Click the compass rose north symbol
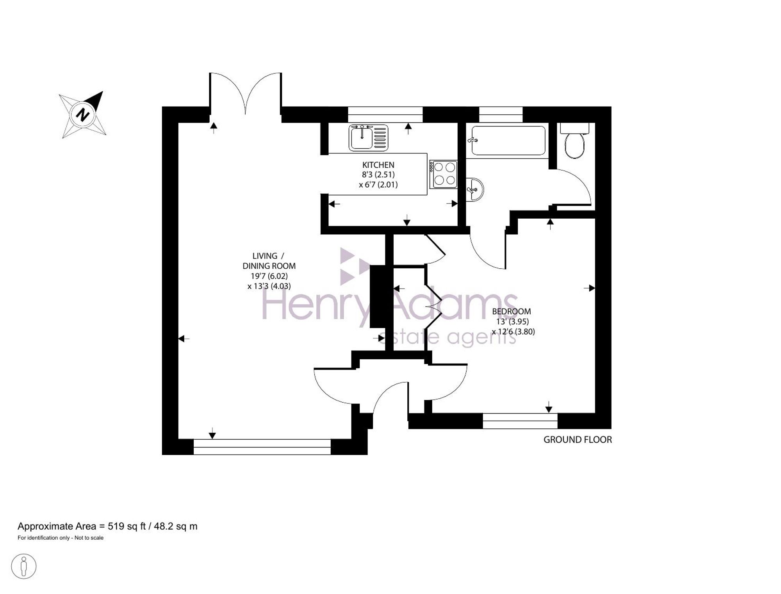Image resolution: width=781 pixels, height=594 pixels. pyautogui.click(x=82, y=115)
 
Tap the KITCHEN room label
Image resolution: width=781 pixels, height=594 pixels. pyautogui.click(x=378, y=165)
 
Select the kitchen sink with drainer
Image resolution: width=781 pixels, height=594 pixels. pyautogui.click(x=369, y=137)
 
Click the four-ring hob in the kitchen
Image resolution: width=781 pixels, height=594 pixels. pyautogui.click(x=443, y=174)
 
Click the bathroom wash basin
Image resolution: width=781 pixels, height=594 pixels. pyautogui.click(x=475, y=190)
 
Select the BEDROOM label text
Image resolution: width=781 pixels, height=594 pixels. pyautogui.click(x=511, y=311)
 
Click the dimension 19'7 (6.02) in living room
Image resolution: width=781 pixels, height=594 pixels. pyautogui.click(x=269, y=276)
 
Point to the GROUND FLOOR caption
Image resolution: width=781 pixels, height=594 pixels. pyautogui.click(x=578, y=439)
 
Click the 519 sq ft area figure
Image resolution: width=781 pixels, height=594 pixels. pyautogui.click(x=127, y=526)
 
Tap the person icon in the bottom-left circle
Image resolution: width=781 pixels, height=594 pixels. pyautogui.click(x=24, y=566)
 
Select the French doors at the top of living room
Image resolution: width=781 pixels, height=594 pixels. pyautogui.click(x=245, y=94)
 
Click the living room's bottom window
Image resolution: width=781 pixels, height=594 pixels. pyautogui.click(x=262, y=447)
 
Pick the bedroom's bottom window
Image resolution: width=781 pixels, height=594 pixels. pyautogui.click(x=520, y=421)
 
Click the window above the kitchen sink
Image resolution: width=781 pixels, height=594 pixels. pyautogui.click(x=385, y=114)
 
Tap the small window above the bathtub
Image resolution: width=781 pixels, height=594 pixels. pyautogui.click(x=501, y=114)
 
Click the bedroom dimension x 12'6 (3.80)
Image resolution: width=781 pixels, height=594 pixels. pyautogui.click(x=513, y=332)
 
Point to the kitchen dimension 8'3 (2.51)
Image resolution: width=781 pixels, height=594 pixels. pyautogui.click(x=378, y=175)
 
